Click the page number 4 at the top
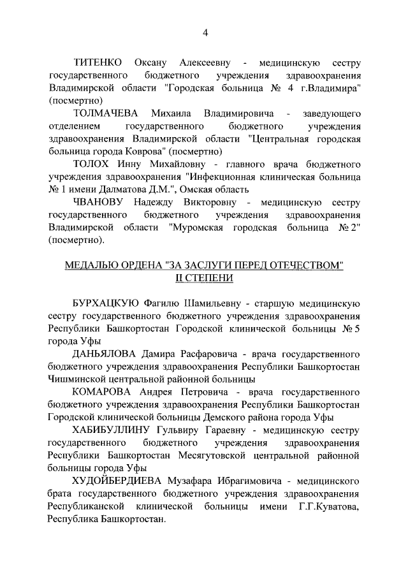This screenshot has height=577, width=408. coord(205,33)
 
